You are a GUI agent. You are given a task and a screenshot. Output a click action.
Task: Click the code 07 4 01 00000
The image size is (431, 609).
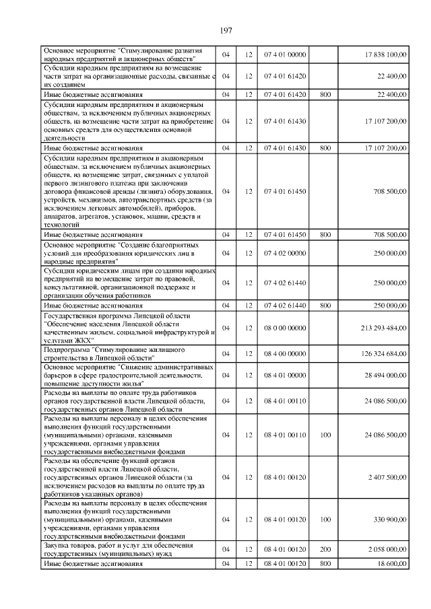tap(286, 54)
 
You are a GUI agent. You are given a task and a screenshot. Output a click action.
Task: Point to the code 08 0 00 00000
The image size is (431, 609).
tap(286, 328)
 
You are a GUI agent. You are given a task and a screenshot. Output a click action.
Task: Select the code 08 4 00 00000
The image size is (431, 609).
tap(286, 354)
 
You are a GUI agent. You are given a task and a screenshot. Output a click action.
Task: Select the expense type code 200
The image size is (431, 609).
tap(325, 549)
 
